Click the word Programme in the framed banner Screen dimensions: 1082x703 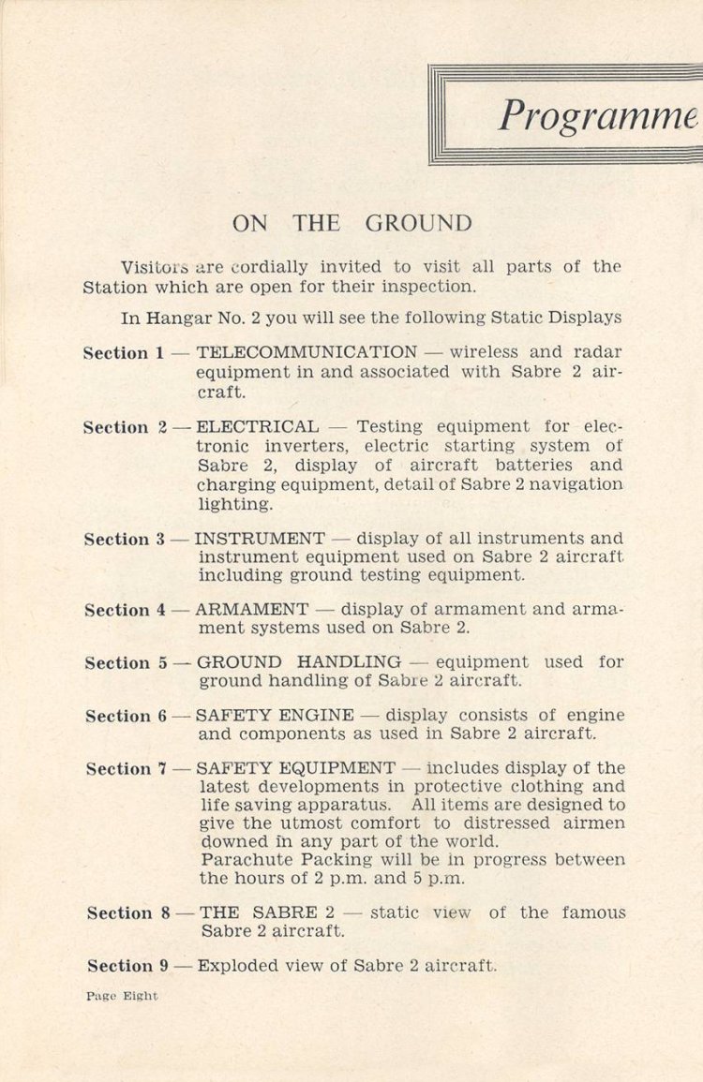pyautogui.click(x=598, y=114)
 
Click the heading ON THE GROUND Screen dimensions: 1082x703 pyautogui.click(x=351, y=224)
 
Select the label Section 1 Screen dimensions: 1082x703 pyautogui.click(x=123, y=353)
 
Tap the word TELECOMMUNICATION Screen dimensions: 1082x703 pyautogui.click(x=307, y=352)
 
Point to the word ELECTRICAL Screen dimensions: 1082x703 pyautogui.click(x=258, y=427)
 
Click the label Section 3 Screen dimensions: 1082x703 pyautogui.click(x=125, y=540)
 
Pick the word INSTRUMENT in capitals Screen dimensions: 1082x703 pyautogui.click(x=260, y=539)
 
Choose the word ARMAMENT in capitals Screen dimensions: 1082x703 pyautogui.click(x=251, y=609)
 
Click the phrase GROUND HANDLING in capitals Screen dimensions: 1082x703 pyautogui.click(x=298, y=662)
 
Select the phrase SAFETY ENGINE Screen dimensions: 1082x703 pyautogui.click(x=275, y=716)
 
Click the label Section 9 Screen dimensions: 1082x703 pyautogui.click(x=128, y=966)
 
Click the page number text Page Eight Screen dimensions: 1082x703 pyautogui.click(x=122, y=996)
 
